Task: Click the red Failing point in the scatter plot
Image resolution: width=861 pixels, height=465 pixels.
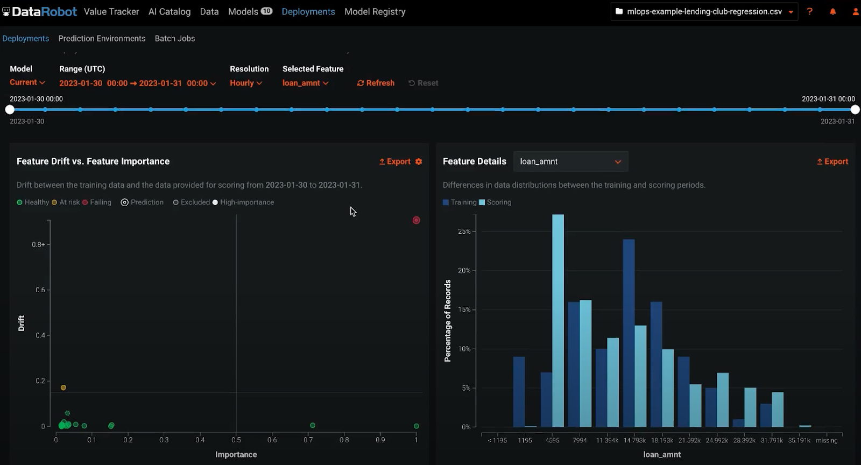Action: coord(416,220)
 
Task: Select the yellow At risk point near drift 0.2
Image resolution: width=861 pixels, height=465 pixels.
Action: coord(63,387)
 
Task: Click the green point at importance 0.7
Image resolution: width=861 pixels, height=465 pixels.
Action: coord(313,425)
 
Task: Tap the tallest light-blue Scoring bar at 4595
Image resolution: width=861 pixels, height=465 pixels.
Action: coord(558,321)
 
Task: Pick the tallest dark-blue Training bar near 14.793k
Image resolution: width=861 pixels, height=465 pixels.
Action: coord(629,333)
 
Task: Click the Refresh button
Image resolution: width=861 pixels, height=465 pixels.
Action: coord(376,83)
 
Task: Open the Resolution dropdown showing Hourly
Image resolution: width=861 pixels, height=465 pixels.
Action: coord(246,83)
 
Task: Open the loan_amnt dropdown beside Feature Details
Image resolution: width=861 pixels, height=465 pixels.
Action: coord(570,161)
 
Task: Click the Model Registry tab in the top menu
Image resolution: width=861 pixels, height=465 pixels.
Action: coord(375,11)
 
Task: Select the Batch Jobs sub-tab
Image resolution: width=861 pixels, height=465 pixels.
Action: coord(175,38)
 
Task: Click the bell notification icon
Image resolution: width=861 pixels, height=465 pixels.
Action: coord(832,11)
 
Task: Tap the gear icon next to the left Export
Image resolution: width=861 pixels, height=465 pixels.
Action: coord(419,161)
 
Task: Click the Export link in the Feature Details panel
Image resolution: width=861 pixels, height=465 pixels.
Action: coord(832,161)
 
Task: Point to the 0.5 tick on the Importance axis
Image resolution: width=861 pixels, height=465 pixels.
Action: coord(236,440)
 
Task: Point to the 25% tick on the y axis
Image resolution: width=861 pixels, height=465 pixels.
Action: coord(464,231)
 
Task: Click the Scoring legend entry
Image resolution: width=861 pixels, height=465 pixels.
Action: coord(495,202)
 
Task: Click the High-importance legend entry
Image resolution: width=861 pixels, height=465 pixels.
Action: coord(244,202)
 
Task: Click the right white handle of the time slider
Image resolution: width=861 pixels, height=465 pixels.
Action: coord(855,110)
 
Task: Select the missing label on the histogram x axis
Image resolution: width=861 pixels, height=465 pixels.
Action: coord(826,440)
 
